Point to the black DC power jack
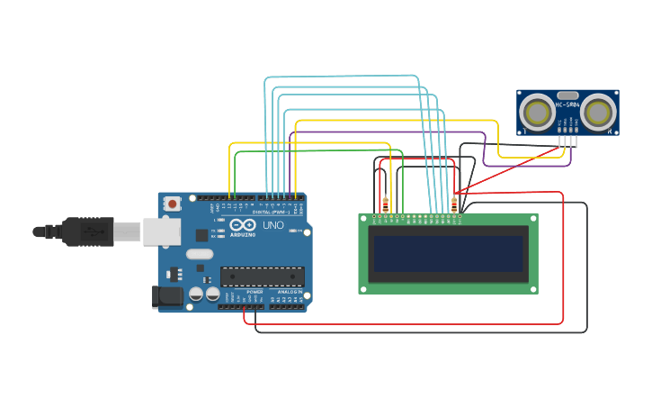click(x=167, y=296)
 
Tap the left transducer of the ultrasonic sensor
click(x=538, y=113)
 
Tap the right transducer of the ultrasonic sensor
click(x=597, y=113)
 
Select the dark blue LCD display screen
click(x=448, y=253)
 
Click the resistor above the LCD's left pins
click(x=386, y=204)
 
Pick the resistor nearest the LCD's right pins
click(x=454, y=204)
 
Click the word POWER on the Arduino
click(x=255, y=292)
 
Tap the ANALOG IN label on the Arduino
click(x=289, y=292)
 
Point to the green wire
click(x=315, y=151)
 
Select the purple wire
click(x=387, y=132)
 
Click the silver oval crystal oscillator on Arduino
click(x=200, y=254)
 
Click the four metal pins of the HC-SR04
click(x=567, y=141)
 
